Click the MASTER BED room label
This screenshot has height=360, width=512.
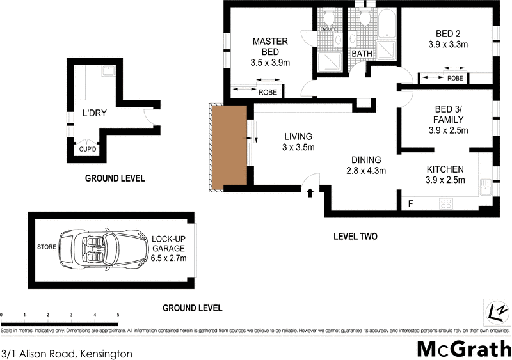[270, 47]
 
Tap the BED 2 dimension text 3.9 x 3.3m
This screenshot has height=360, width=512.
[448, 45]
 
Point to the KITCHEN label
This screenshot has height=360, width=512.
[445, 169]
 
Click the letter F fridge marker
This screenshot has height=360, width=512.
[410, 204]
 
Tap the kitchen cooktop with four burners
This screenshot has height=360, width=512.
[446, 204]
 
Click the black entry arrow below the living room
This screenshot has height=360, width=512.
[311, 191]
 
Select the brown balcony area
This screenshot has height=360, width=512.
[228, 147]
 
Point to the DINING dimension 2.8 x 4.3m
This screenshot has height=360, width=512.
[365, 171]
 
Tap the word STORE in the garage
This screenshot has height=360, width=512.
[46, 246]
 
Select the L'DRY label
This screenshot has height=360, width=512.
[95, 114]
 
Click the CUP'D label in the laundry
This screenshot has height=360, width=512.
[88, 150]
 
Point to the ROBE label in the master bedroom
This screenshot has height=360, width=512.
[268, 92]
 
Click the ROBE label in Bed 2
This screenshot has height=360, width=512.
[455, 79]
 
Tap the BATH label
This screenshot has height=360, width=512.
[362, 54]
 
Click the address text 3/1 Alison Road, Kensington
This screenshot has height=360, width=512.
[67, 353]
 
